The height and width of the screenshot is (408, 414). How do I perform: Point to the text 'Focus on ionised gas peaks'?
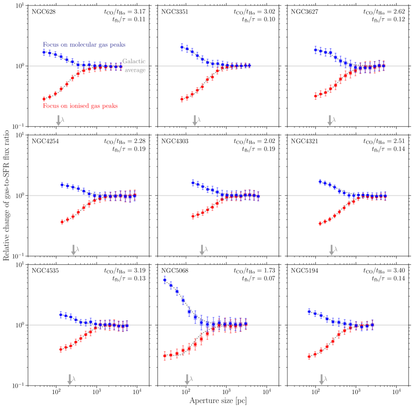pos(80,105)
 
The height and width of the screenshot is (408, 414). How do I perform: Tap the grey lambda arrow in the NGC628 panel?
pos(58,119)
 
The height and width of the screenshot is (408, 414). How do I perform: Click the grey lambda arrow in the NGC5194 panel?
pos(321,379)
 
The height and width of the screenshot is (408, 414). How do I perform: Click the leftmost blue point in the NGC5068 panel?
pos(165,280)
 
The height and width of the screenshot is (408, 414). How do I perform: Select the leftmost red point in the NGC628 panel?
pos(44,99)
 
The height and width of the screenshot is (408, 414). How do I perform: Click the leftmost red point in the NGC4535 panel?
pos(61,349)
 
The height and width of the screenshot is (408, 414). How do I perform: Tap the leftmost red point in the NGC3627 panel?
pos(315,96)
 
